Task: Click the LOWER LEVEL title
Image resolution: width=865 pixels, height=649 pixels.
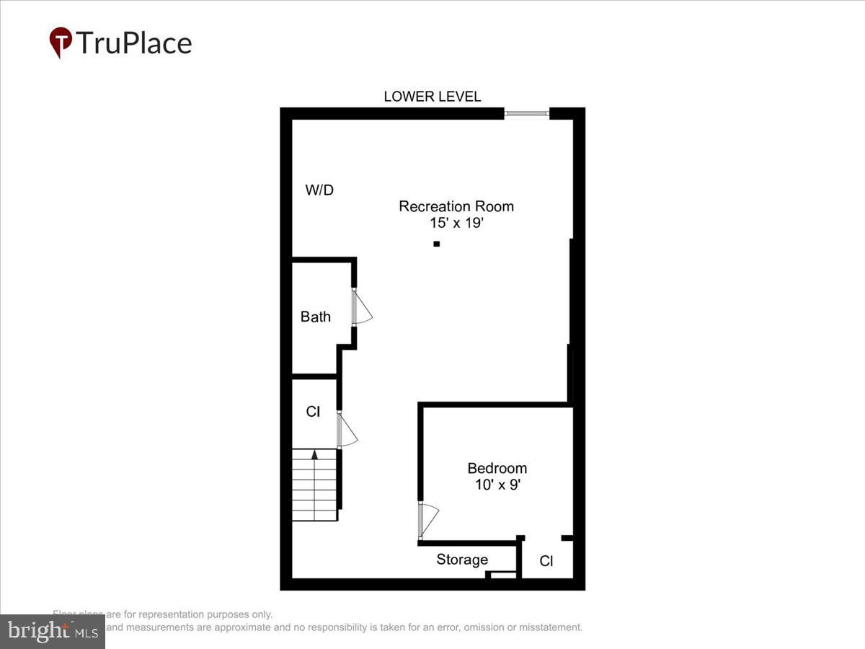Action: point(432,97)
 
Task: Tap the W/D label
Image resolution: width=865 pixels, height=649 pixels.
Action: point(319,190)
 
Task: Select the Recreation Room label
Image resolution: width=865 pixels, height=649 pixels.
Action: point(456,206)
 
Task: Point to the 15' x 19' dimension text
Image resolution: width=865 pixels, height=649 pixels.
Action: point(456,224)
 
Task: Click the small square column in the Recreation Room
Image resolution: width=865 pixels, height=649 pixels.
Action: point(436,244)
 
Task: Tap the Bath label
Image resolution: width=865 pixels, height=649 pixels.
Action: point(316,317)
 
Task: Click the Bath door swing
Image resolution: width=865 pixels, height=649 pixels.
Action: point(362,309)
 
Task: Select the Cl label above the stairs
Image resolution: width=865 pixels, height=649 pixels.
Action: point(313,412)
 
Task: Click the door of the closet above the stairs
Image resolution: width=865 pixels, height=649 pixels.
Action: point(347,431)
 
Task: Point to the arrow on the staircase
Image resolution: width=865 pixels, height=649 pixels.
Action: point(314,455)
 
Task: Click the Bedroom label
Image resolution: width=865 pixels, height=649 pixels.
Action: point(497,468)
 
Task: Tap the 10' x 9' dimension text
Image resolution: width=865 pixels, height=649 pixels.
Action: point(497,485)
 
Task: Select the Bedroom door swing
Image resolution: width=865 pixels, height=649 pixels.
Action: point(428,520)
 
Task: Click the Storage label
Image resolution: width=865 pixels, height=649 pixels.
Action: point(462,560)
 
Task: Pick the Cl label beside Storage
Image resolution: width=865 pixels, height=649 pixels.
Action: point(546,561)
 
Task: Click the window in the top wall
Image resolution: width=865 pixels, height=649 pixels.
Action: point(526,113)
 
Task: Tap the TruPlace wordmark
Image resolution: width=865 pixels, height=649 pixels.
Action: point(133,43)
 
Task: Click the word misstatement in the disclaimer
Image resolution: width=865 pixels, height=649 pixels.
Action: point(548,627)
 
